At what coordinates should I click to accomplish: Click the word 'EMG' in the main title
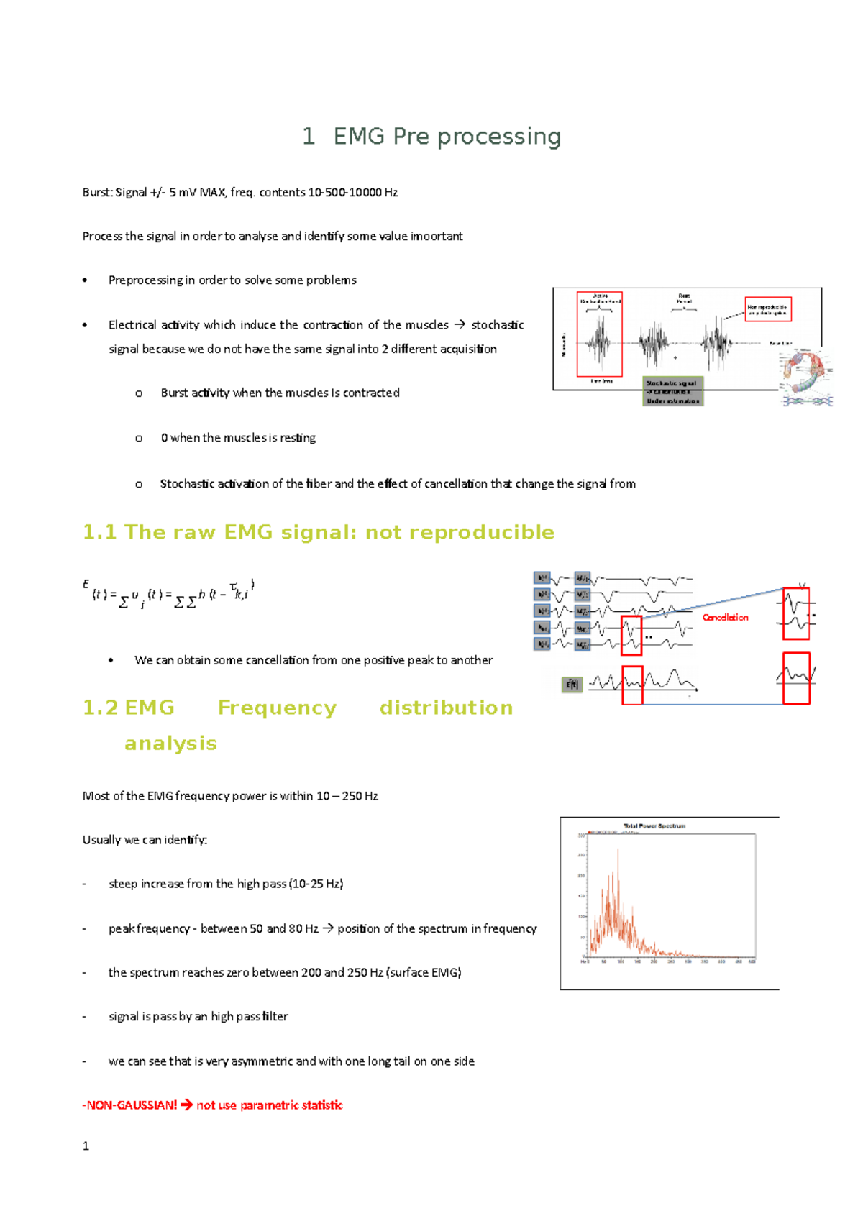click(x=359, y=136)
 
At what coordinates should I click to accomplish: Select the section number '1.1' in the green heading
click(x=99, y=532)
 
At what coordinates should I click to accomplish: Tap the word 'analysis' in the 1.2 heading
click(x=170, y=743)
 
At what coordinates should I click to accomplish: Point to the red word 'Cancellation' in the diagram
click(x=725, y=617)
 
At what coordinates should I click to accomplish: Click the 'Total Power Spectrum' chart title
click(x=654, y=826)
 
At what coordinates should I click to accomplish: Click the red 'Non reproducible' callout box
click(x=767, y=309)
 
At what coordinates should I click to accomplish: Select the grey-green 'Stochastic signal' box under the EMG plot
click(x=672, y=392)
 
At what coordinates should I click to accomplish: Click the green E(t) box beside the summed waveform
click(x=572, y=685)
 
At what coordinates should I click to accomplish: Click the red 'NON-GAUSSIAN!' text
click(x=130, y=1105)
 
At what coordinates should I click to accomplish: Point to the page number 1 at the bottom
click(x=86, y=1146)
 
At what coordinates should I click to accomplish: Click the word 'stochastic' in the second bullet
click(x=497, y=325)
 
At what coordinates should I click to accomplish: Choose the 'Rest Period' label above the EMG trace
click(x=684, y=298)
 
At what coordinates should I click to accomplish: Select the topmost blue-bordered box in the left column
click(x=542, y=578)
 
